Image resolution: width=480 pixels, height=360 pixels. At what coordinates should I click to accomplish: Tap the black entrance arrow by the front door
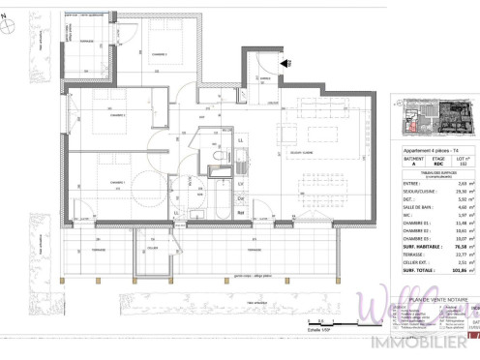pyautogui.click(x=285, y=63)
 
